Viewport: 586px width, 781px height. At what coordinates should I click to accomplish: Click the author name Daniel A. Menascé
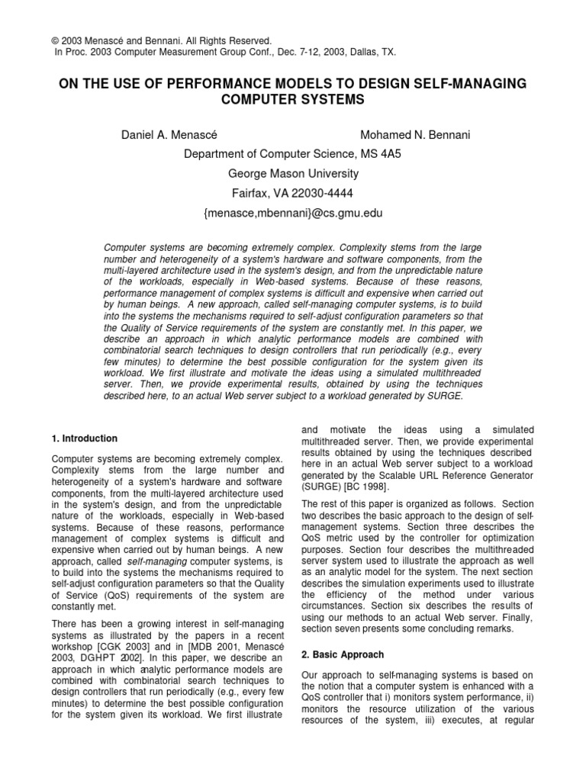pos(169,135)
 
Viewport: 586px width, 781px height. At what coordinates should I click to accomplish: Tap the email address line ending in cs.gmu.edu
pos(293,214)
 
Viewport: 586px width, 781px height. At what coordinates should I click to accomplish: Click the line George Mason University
pos(293,174)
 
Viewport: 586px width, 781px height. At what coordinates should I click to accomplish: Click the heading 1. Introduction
pos(85,439)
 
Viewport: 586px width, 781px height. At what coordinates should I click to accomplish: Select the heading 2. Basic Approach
pos(343,654)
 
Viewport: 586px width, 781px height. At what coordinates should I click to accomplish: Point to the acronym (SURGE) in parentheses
pos(324,487)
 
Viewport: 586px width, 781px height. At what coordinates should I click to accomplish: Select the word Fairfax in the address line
pos(250,194)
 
